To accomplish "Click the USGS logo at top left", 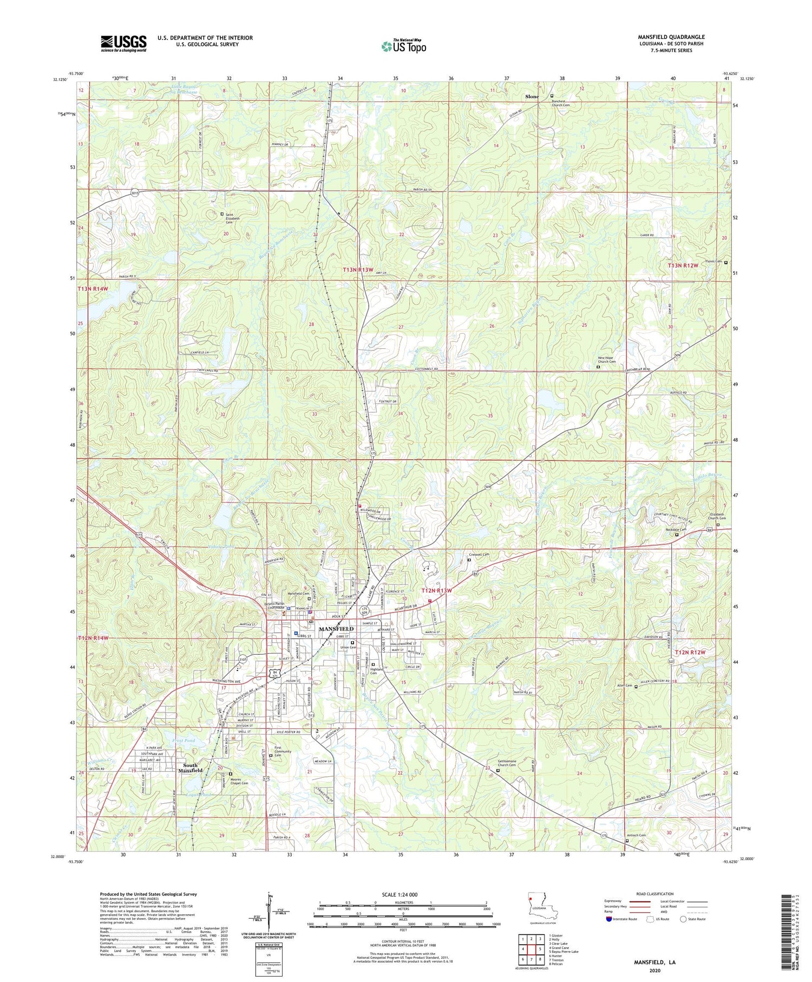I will point(123,43).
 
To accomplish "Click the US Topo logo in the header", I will point(403,47).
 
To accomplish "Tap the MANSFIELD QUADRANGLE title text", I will point(671,37).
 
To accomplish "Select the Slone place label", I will point(532,96).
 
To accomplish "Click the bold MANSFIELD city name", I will point(336,629).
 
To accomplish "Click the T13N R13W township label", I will point(358,269).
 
